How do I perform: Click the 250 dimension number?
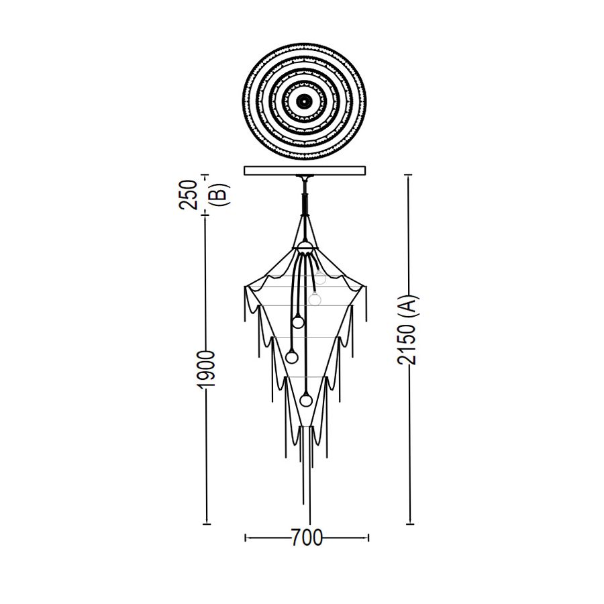189,195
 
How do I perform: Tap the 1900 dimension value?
205,370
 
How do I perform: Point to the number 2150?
407,344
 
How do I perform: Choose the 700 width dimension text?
307,538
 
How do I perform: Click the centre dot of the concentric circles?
304,101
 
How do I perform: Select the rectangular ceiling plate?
305,170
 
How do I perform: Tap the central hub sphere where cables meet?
305,247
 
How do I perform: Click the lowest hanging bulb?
306,401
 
